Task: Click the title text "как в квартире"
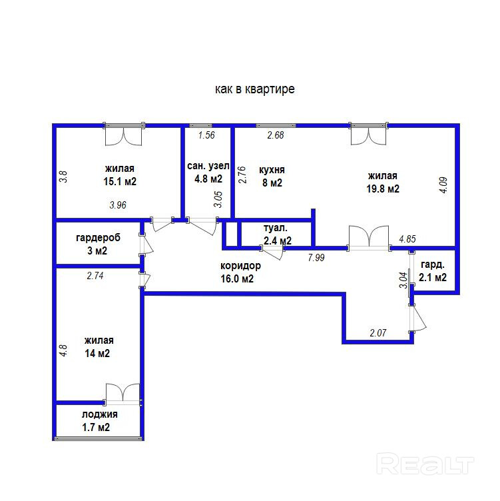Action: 255,89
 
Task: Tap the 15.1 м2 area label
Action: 120,181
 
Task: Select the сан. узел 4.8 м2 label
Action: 208,172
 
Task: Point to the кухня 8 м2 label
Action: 272,177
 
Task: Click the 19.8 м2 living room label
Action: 383,189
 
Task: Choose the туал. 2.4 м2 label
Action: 277,235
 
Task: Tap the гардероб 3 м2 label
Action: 98,244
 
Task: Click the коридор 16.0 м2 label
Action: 240,272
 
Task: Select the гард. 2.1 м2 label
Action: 433,271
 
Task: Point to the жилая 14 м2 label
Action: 99,346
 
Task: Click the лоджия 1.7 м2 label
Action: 99,420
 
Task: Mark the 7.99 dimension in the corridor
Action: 316,258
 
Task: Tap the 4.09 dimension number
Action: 443,185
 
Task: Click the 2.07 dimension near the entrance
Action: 378,333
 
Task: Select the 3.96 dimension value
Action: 118,205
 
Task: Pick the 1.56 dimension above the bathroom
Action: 206,135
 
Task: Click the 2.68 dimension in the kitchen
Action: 275,135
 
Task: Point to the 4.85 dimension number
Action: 407,239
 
